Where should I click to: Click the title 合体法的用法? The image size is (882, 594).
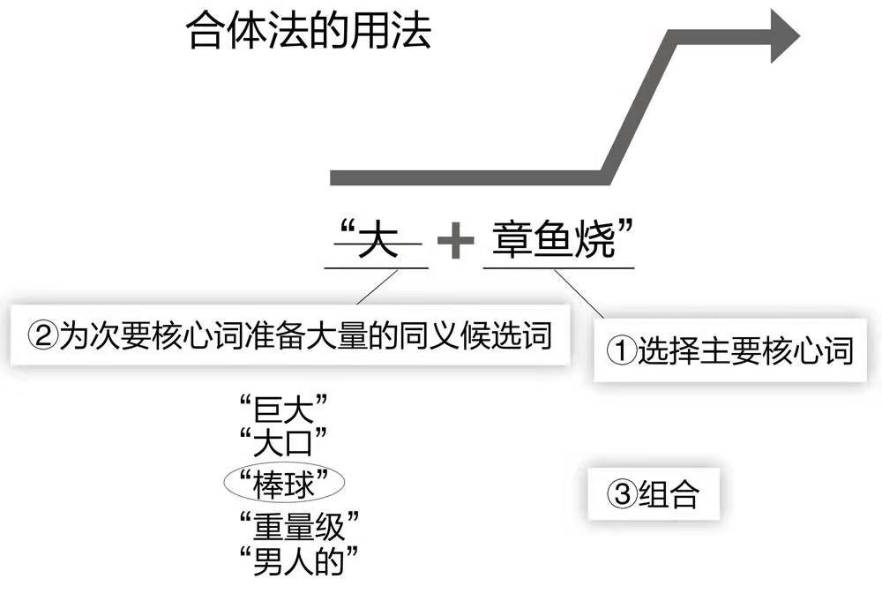point(309,33)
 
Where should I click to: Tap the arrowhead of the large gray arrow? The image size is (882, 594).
point(783,35)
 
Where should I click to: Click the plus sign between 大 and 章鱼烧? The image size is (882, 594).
point(455,241)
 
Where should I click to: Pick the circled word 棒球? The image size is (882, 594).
point(284,482)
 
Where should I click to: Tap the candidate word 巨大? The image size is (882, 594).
point(284,411)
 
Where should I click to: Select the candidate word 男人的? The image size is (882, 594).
point(300,559)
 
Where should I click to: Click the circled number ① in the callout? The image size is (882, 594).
point(621,351)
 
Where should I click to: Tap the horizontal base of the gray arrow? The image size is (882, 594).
point(467,177)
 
